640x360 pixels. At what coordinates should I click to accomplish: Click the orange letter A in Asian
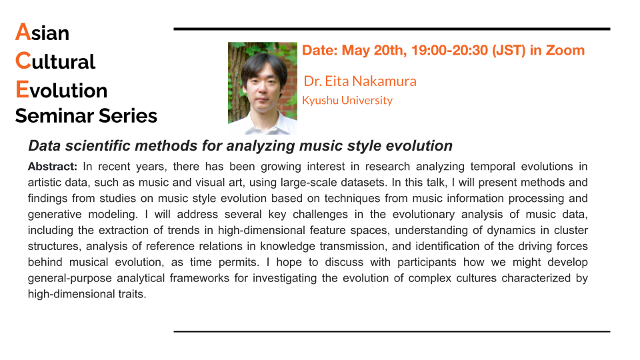tap(23, 32)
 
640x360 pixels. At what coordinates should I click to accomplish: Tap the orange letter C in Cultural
tap(23, 61)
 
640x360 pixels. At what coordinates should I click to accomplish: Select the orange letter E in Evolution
tap(23, 89)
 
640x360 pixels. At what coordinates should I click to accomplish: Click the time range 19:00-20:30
tap(449, 50)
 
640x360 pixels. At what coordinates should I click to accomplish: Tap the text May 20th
tap(374, 50)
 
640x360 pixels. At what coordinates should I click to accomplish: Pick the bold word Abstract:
tap(52, 167)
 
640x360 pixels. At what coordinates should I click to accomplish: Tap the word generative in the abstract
tap(55, 214)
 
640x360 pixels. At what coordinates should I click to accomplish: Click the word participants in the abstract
tap(427, 262)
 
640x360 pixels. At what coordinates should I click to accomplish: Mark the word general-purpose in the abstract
tap(69, 278)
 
